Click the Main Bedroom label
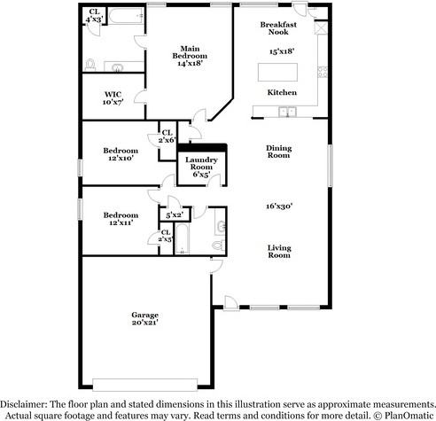(x=190, y=52)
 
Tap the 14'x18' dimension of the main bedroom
(x=190, y=64)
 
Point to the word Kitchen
(x=282, y=92)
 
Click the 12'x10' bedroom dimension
(x=120, y=158)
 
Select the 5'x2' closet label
(x=174, y=214)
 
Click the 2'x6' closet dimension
(x=167, y=140)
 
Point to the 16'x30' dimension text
(x=279, y=206)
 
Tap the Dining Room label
(x=279, y=152)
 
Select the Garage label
(x=144, y=316)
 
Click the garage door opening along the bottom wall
(x=144, y=384)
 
